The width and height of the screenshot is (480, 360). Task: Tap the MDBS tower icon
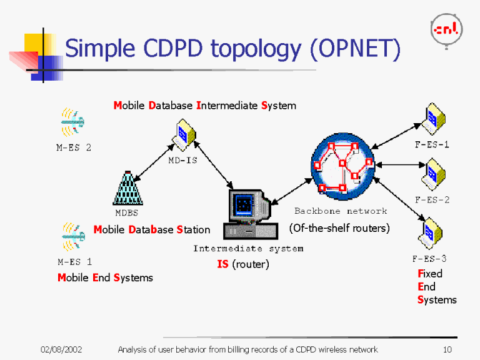[127, 188]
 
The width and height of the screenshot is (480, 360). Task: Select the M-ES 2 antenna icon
[72, 122]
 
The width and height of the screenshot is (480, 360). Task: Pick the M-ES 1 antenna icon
[72, 236]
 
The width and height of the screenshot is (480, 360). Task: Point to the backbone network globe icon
[342, 166]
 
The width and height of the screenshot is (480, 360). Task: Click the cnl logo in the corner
[446, 29]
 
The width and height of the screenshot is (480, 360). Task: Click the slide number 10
[446, 349]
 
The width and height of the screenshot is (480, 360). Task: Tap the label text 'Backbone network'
[341, 211]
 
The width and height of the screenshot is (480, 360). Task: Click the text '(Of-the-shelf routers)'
[339, 228]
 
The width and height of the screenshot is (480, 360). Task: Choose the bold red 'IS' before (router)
[222, 264]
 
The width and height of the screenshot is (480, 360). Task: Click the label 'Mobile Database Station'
[152, 230]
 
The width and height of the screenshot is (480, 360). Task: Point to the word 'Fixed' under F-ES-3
[430, 274]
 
